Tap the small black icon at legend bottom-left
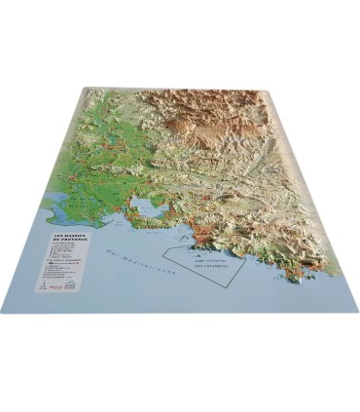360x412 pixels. tap(42, 285)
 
